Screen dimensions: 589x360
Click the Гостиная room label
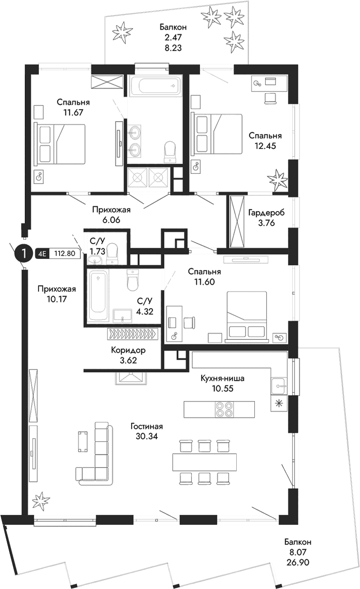tap(146, 427)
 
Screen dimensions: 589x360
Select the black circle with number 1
tap(24, 253)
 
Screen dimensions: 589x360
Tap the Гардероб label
tap(266, 213)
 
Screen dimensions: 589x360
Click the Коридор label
tap(128, 350)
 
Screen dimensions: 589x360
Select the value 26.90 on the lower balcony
tap(298, 562)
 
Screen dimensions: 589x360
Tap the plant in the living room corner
tap(39, 500)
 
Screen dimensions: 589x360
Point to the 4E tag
tap(42, 253)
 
